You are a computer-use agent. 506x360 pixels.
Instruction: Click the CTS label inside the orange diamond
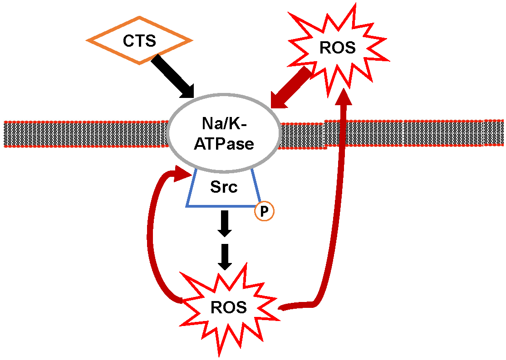139,41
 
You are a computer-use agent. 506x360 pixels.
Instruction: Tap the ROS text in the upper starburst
337,48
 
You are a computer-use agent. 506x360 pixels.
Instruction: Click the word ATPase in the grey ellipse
224,144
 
